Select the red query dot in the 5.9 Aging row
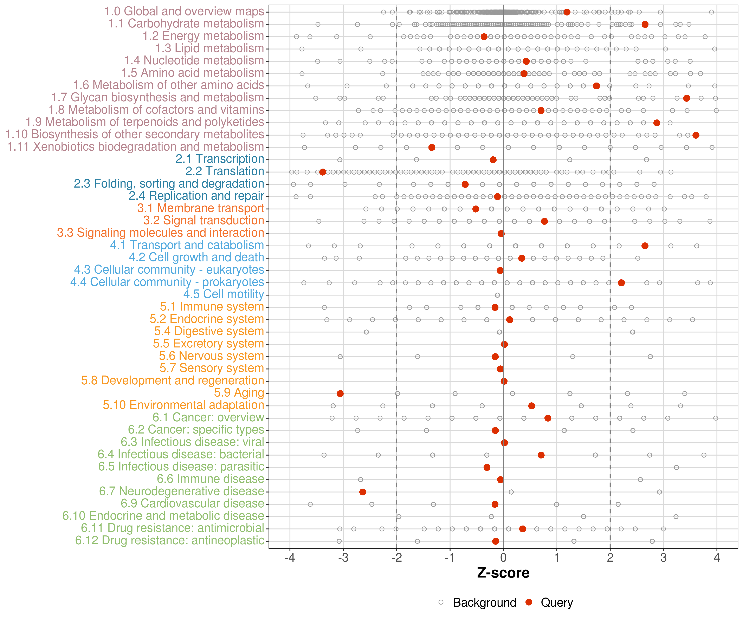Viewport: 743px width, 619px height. (340, 394)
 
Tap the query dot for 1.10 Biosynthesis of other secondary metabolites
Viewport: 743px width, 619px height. (696, 135)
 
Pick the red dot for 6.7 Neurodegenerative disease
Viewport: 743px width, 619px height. (363, 492)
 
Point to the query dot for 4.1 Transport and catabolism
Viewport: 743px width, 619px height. (645, 246)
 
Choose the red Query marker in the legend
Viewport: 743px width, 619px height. (529, 602)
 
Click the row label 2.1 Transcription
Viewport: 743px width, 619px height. (220, 159)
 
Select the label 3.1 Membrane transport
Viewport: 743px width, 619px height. (201, 208)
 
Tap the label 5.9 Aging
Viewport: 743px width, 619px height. (239, 393)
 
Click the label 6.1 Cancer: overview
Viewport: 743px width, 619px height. (208, 417)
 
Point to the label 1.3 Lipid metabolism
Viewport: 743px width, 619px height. (210, 48)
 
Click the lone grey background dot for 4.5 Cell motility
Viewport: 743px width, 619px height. (497, 295)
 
